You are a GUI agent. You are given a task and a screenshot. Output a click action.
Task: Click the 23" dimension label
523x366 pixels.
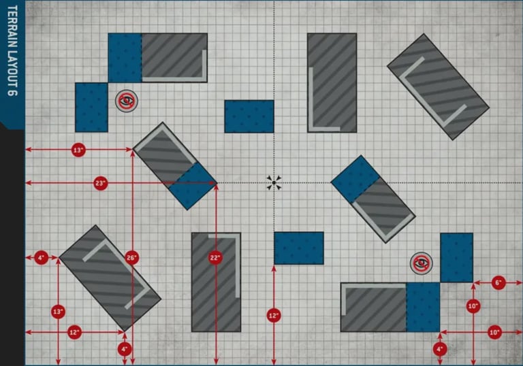[101, 183]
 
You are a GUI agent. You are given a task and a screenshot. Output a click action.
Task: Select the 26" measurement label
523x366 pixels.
[132, 258]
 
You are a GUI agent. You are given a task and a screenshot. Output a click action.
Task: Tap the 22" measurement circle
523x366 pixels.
[216, 258]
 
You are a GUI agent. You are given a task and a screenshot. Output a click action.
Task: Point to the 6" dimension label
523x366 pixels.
[498, 282]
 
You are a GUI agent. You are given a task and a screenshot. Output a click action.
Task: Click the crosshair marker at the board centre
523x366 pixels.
[274, 182]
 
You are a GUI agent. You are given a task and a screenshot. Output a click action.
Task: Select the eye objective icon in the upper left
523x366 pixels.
[125, 101]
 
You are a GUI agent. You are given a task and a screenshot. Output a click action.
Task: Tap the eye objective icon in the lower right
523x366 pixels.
[421, 263]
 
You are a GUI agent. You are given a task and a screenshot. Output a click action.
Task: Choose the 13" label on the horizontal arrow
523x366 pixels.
[78, 150]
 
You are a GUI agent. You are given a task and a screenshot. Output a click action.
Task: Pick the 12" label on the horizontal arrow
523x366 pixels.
[75, 332]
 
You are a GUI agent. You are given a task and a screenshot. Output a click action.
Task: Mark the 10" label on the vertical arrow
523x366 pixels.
[473, 306]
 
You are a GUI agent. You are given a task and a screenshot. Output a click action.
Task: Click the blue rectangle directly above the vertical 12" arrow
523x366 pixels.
[298, 248]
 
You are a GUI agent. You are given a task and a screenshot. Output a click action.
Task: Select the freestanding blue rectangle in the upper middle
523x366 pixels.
[249, 116]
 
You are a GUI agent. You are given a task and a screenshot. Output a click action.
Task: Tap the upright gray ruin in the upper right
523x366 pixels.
[332, 82]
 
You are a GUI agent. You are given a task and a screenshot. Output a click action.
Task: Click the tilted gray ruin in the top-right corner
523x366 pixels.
[438, 86]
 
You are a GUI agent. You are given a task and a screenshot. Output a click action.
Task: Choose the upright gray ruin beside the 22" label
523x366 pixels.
[216, 282]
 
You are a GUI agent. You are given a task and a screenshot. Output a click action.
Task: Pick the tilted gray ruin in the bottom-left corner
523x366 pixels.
[110, 277]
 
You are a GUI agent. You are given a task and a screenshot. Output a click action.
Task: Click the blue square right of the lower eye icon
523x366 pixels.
[456, 257]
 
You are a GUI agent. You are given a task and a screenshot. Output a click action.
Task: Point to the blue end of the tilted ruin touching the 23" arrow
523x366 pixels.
[192, 185]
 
